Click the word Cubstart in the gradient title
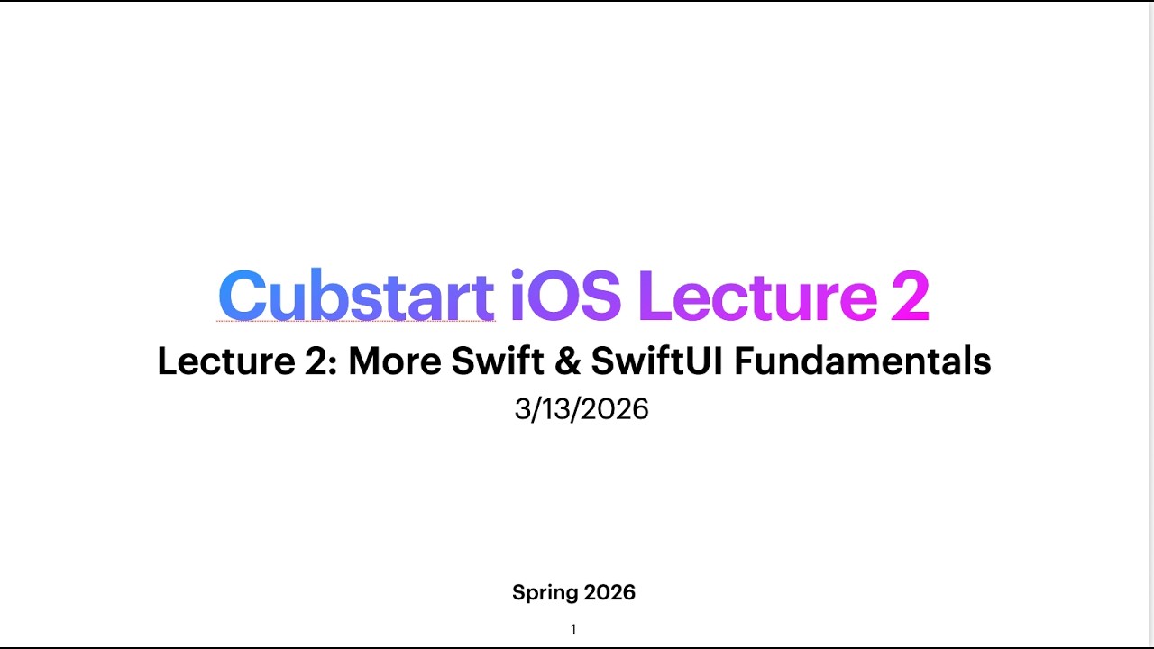point(356,296)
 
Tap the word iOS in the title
point(565,296)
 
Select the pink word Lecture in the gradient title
point(757,296)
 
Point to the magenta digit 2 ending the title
point(910,296)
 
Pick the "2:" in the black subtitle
point(308,361)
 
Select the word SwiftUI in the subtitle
point(657,361)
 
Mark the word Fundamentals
point(863,361)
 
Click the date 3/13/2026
point(582,409)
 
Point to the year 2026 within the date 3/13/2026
point(616,409)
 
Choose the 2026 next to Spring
point(610,592)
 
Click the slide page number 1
point(573,629)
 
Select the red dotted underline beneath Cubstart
point(356,321)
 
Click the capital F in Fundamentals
point(745,361)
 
